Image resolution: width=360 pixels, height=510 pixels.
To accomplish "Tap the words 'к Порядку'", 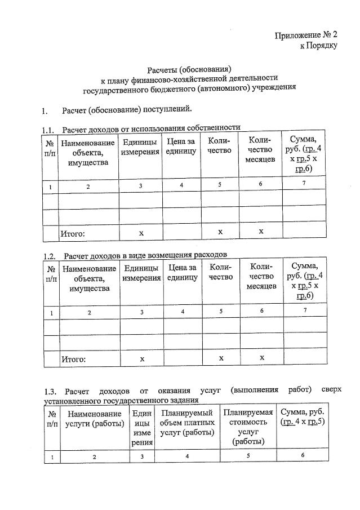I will pyautogui.click(x=318, y=46).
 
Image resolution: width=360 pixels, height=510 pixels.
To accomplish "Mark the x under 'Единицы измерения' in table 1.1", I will pyautogui.click(x=141, y=232).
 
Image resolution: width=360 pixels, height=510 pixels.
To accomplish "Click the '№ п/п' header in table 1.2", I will pyautogui.click(x=51, y=273).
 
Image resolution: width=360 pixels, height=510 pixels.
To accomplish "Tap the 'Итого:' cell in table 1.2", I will pyautogui.click(x=73, y=358).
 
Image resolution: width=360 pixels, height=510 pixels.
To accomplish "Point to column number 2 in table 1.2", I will pyautogui.click(x=89, y=312).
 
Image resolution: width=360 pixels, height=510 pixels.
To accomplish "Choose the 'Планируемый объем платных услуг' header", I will pyautogui.click(x=186, y=423).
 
